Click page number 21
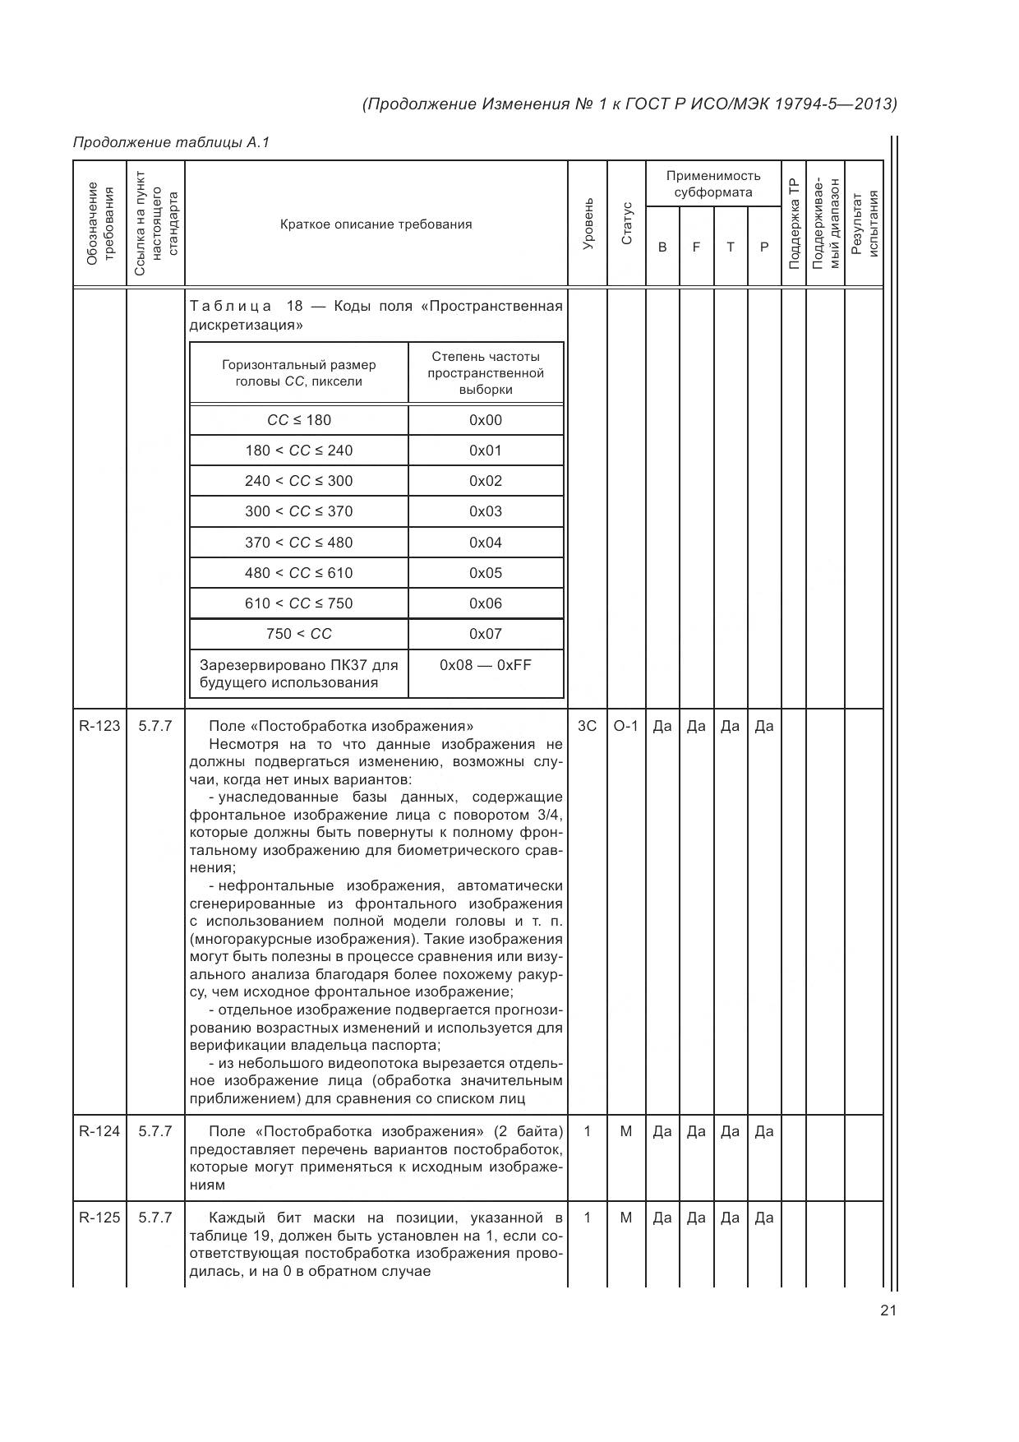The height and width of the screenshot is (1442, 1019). [888, 1310]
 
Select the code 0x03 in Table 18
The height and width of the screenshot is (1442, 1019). [485, 511]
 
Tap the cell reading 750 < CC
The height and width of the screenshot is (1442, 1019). [298, 634]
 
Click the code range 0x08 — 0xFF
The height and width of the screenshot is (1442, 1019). [485, 664]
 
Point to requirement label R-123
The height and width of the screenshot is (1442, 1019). [99, 726]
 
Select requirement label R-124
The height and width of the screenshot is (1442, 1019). [99, 1131]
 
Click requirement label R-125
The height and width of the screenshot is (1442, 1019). [99, 1218]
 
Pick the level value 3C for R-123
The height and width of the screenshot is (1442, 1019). [587, 726]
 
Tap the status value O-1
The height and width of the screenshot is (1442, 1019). [625, 726]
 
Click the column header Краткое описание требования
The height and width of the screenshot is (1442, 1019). [376, 224]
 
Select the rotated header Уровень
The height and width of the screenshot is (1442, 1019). [587, 224]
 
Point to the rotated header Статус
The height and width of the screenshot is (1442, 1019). [626, 224]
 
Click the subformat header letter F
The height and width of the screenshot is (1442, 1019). [696, 247]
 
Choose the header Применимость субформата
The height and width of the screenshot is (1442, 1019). [712, 184]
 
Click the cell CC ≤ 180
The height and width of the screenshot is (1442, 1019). [298, 420]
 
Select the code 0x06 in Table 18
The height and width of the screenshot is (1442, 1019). [485, 603]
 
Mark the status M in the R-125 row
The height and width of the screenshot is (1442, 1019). [625, 1218]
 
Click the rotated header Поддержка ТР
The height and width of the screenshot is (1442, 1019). [793, 224]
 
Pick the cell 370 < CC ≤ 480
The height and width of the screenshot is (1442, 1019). [298, 543]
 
